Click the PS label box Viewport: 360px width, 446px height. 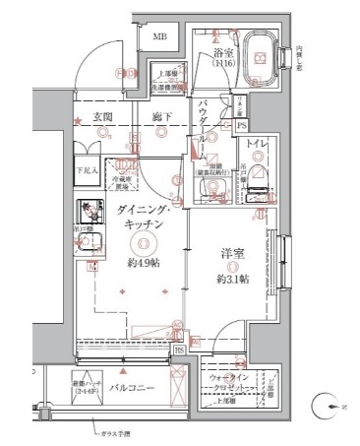(x=242, y=125)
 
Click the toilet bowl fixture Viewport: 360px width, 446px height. (x=255, y=178)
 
